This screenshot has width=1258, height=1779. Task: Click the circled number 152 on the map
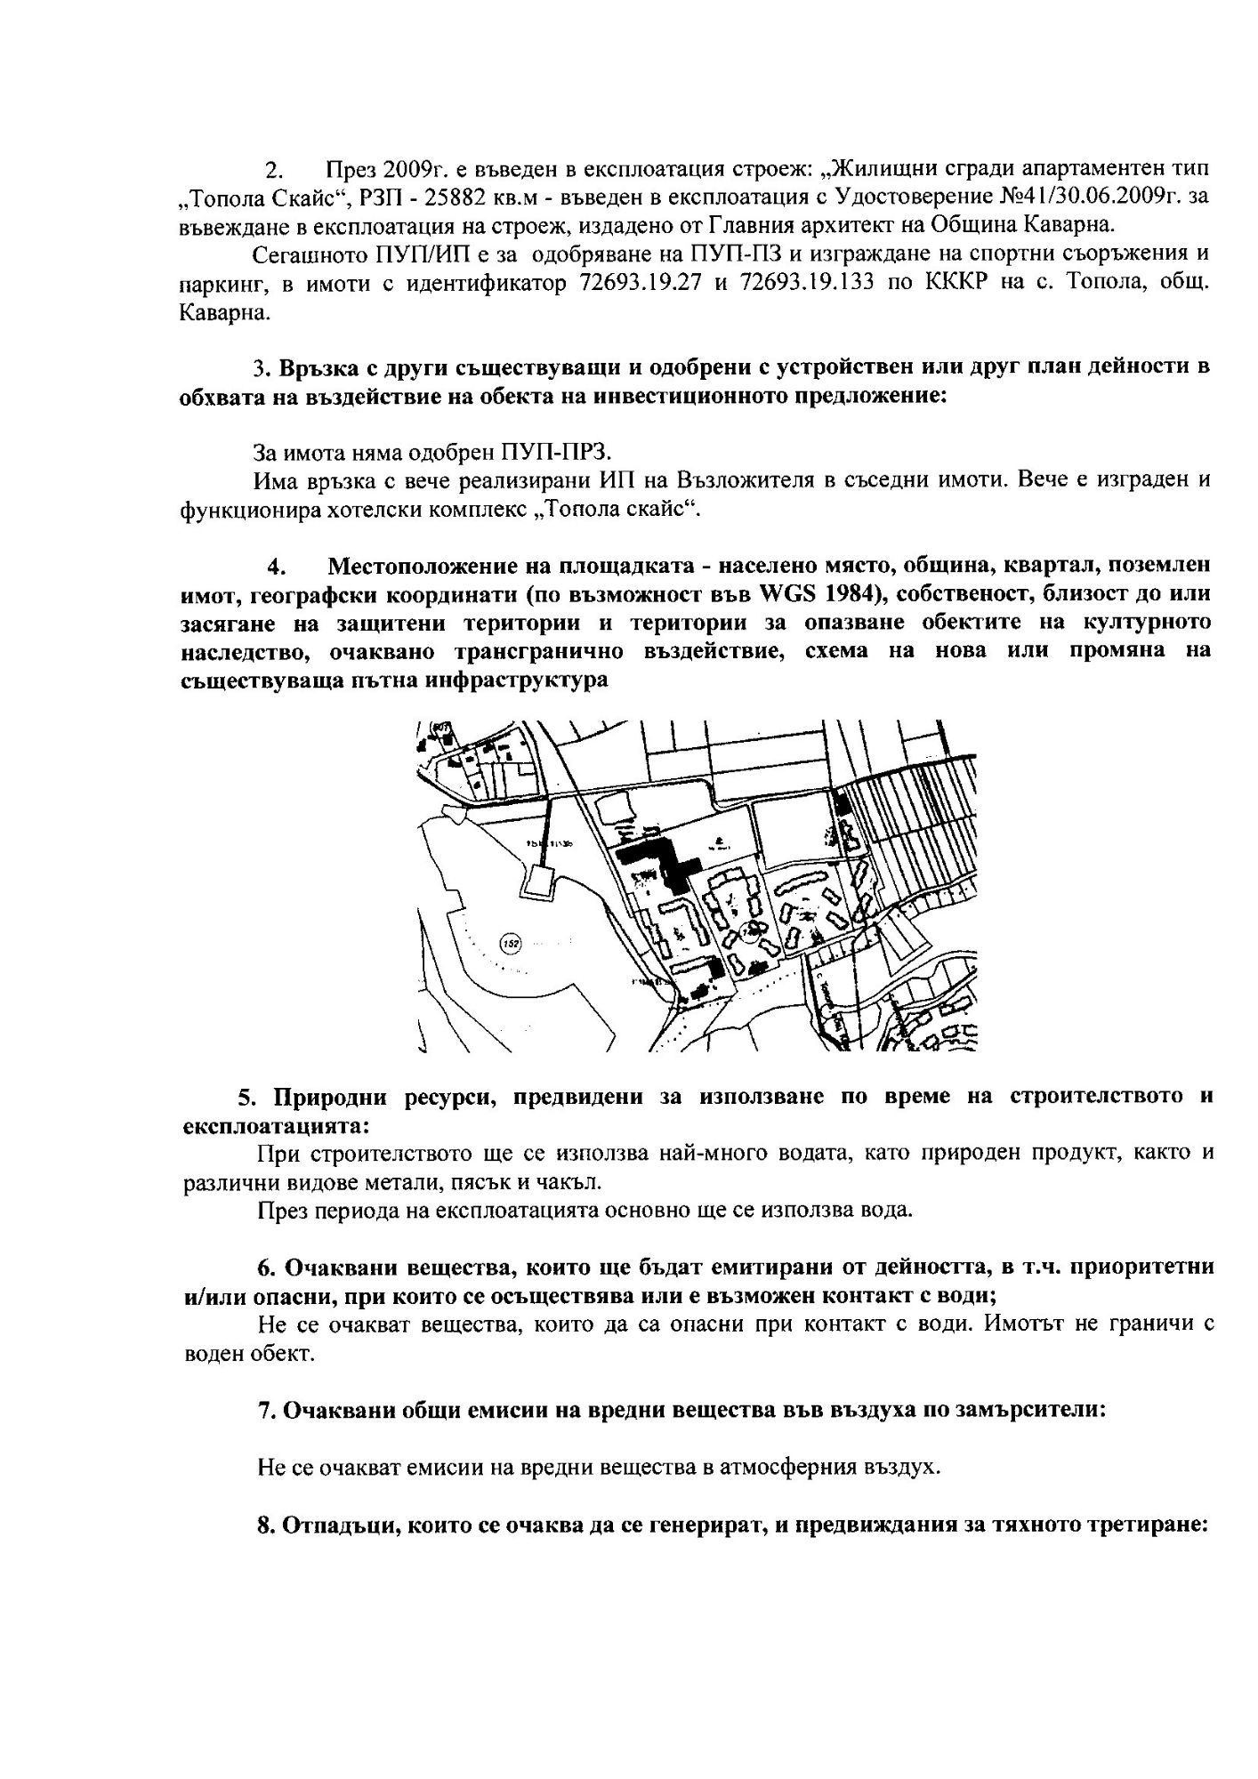510,944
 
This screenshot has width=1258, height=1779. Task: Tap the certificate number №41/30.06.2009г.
1082,196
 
